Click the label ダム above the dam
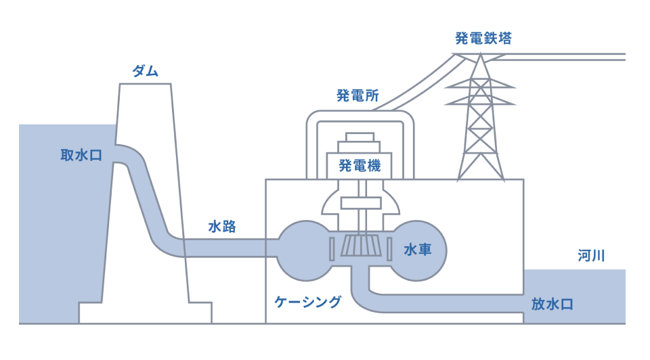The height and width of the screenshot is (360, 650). [145, 70]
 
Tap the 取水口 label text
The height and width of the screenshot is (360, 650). [81, 156]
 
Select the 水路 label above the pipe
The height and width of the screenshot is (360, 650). [222, 227]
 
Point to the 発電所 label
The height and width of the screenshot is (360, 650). [357, 95]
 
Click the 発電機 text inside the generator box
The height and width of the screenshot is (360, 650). [360, 165]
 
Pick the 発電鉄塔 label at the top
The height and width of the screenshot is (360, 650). [483, 38]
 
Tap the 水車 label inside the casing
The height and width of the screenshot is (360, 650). [418, 250]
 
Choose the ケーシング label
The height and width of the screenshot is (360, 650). [307, 302]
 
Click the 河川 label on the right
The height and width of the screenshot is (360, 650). [591, 256]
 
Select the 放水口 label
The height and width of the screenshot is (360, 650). [552, 304]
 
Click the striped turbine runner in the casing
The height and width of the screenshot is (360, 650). [360, 246]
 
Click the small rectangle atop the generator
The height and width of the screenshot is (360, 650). [360, 137]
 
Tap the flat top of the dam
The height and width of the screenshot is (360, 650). [145, 84]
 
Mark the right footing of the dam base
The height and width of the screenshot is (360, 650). [200, 311]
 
